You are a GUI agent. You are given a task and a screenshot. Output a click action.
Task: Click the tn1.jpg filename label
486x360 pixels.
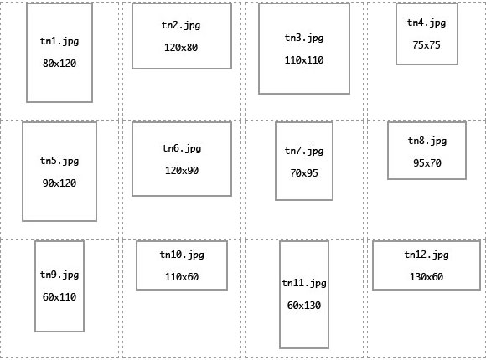[59, 41]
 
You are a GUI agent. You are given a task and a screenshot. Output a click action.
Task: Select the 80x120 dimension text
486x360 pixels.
[59, 64]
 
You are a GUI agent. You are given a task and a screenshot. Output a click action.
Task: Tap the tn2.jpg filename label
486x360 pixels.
[181, 25]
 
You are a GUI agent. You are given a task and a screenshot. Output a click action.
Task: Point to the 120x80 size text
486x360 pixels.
[181, 48]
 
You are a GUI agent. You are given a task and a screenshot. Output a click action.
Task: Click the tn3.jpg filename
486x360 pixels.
[304, 38]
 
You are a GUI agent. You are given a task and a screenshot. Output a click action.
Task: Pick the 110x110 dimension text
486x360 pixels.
[304, 60]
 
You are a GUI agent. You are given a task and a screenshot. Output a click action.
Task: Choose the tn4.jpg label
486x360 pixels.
[427, 23]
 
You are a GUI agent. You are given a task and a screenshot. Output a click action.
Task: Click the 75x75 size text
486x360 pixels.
[427, 45]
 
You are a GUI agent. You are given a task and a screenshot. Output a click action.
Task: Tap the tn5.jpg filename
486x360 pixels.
[59, 161]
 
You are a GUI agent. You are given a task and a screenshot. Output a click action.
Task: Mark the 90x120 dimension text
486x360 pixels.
[59, 183]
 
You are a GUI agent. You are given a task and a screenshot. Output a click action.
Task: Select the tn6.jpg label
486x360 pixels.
[182, 148]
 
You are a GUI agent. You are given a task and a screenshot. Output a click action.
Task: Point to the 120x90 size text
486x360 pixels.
[182, 171]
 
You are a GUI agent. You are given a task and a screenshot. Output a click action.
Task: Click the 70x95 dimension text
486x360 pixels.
[304, 172]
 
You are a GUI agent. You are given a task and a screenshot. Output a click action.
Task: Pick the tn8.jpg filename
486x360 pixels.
[427, 141]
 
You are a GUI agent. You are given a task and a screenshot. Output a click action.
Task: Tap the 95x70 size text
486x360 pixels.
[427, 163]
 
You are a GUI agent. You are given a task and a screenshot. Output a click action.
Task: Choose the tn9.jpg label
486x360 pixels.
[59, 275]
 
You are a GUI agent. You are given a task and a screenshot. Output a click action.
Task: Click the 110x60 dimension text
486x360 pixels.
[182, 276]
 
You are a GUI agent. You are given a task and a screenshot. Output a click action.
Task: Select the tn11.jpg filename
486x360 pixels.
[304, 283]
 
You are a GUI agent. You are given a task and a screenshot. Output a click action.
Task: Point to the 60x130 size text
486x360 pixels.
[304, 306]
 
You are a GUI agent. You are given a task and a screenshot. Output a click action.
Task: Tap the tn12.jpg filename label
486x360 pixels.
[427, 255]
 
